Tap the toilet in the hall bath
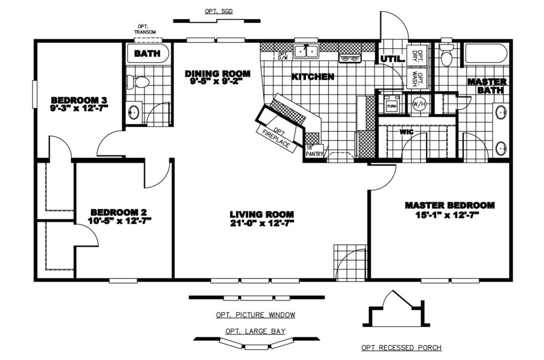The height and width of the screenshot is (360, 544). tap(140, 82)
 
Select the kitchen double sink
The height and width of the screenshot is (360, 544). tap(307, 52)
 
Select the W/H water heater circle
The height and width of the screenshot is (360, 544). tap(419, 104)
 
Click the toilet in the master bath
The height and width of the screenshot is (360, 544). tap(446, 56)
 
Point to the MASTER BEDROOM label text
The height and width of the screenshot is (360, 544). tap(449, 205)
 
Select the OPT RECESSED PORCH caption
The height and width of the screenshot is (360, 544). tap(401, 348)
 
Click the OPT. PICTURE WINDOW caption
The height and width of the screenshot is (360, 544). tap(256, 314)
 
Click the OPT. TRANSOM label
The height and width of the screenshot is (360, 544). tap(145, 29)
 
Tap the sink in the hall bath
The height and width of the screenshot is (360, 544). tap(133, 113)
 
